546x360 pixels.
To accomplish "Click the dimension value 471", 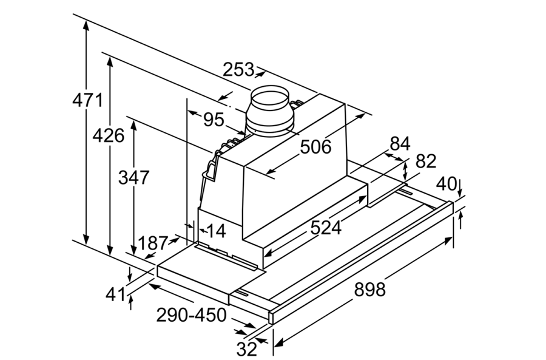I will click(88, 99).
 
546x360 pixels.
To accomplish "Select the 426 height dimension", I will click(109, 135).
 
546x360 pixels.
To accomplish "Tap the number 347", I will click(133, 177).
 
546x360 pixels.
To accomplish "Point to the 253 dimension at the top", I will click(238, 70).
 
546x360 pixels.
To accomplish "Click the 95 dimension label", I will click(213, 120).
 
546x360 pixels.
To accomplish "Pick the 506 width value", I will click(315, 146).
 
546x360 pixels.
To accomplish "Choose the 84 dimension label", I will click(400, 144).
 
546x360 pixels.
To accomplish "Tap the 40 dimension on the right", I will click(447, 183).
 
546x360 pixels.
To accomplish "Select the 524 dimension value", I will click(326, 228).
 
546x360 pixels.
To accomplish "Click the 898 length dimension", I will click(369, 290).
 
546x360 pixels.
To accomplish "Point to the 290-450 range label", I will click(191, 316).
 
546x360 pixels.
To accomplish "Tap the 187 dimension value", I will click(152, 243).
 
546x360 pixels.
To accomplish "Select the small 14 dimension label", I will click(215, 230).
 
